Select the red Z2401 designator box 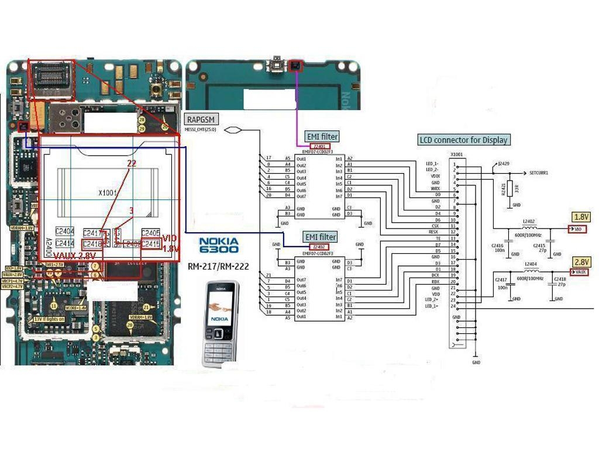tap(319, 146)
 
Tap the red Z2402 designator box tap(319, 247)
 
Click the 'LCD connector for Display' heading tap(463, 140)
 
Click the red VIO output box tap(579, 229)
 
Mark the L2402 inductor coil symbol tap(531, 228)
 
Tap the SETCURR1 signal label tap(538, 174)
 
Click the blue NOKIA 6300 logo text tap(218, 245)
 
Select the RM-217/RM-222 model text tap(218, 267)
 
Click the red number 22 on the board tap(132, 164)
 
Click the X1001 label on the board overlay tap(108, 193)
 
